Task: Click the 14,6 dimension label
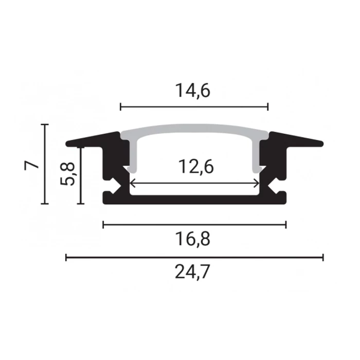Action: click(x=193, y=91)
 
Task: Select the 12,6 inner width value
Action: click(x=196, y=167)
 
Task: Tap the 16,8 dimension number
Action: click(x=193, y=239)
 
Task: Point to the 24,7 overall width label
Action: click(x=192, y=272)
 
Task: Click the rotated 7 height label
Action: click(x=31, y=165)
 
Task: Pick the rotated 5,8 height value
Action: click(x=67, y=174)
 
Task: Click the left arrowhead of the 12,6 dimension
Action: click(x=132, y=184)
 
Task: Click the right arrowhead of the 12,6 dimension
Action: click(x=257, y=184)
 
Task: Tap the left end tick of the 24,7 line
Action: click(x=66, y=257)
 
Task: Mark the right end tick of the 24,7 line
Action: click(x=323, y=257)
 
